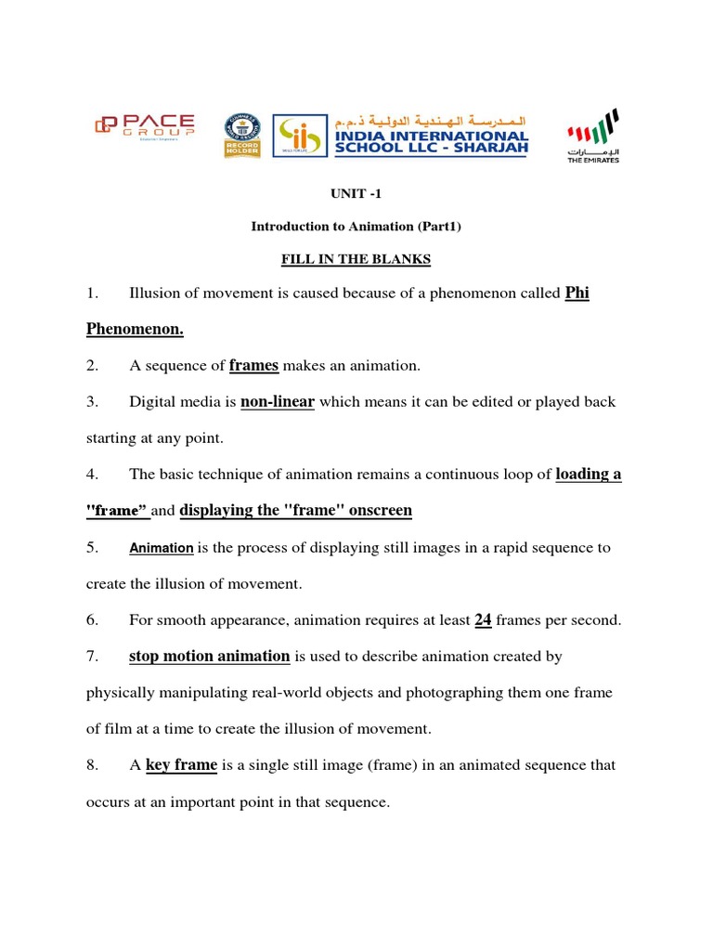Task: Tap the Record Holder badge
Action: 242,136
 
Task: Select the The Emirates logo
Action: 592,135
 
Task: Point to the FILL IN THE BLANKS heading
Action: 356,259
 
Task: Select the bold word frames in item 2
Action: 253,366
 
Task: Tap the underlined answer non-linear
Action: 278,402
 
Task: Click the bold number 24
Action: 483,620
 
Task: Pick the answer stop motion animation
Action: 209,657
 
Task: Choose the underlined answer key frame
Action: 181,765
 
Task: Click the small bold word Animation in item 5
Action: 161,549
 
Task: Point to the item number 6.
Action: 92,620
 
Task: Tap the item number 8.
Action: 92,766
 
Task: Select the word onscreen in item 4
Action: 379,511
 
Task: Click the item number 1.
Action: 92,294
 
